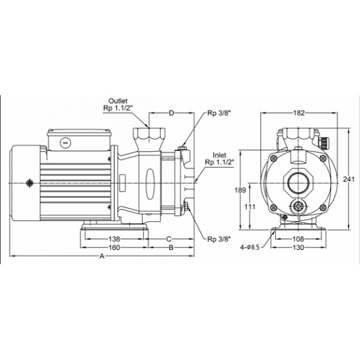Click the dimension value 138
point(114,239)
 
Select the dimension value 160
point(114,248)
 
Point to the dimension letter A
point(102,256)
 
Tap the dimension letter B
point(171,248)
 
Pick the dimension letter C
point(168,239)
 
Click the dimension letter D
point(172,113)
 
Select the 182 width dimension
point(299,113)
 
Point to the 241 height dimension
point(348,179)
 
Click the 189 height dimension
point(240,190)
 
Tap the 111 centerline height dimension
point(250,207)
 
